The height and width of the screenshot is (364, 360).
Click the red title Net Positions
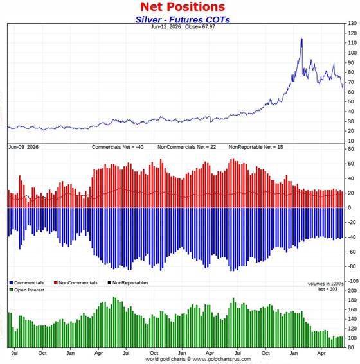(x=183, y=6)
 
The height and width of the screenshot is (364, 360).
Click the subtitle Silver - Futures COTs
(x=183, y=20)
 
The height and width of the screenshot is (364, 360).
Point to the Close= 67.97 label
(x=200, y=27)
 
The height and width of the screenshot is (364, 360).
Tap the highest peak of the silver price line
(x=301, y=38)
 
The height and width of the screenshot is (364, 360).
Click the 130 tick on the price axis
(x=352, y=24)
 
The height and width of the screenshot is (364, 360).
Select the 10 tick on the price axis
(x=351, y=141)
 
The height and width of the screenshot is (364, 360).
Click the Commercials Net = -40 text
(x=118, y=147)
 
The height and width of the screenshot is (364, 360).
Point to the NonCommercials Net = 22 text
(x=186, y=147)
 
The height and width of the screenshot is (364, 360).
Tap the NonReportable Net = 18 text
(x=256, y=147)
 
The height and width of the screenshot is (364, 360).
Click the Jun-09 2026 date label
(x=24, y=147)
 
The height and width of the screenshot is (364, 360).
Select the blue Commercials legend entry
(x=26, y=282)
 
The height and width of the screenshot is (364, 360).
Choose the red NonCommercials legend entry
(x=76, y=282)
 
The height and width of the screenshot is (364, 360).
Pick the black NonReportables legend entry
(x=128, y=282)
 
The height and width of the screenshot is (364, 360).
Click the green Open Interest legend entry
(x=27, y=290)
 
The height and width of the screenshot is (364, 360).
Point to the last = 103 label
(x=327, y=289)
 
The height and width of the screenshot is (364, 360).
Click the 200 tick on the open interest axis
(x=352, y=291)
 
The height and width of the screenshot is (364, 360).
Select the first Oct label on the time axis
(x=42, y=353)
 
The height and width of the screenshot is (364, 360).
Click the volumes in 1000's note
(x=325, y=284)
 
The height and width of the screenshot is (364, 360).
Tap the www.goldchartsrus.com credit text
(x=222, y=359)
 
